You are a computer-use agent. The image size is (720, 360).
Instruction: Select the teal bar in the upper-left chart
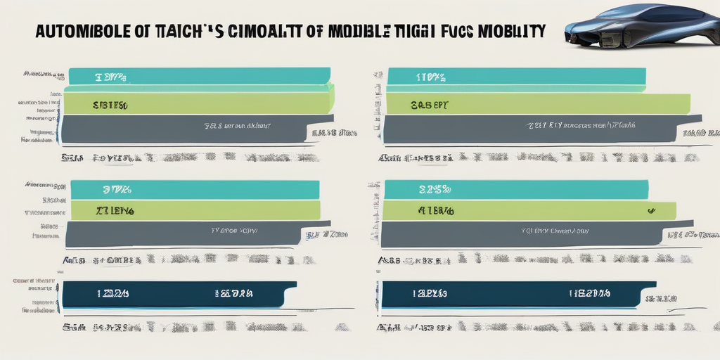[x=197, y=75]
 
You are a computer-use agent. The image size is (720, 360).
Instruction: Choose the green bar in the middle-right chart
[x=527, y=210]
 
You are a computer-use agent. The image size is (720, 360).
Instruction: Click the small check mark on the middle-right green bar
[x=651, y=210]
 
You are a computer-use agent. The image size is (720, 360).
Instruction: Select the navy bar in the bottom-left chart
[x=176, y=293]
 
